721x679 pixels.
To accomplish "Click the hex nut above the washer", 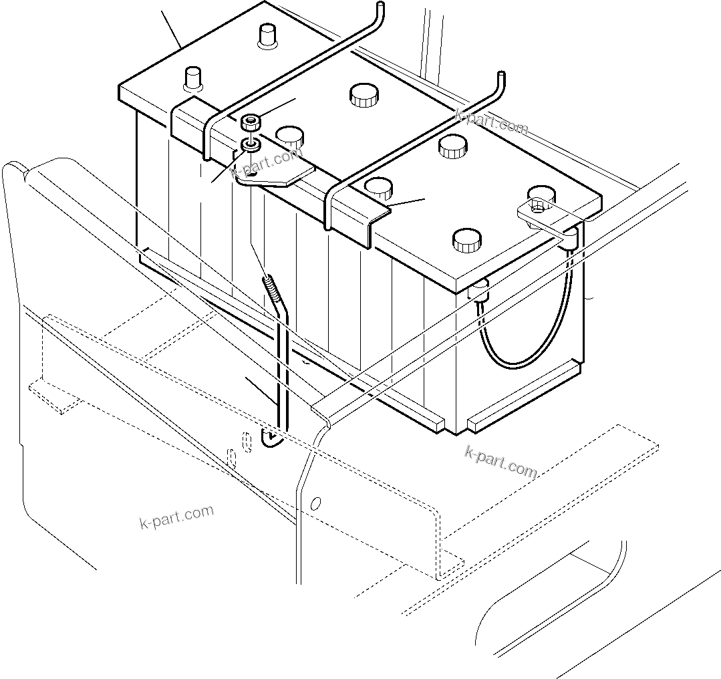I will coord(251,123).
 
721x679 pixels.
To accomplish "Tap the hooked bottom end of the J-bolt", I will coord(271,440).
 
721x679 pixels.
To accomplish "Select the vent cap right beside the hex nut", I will coord(289,136).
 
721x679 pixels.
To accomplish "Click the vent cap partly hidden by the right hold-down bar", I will coord(378,188).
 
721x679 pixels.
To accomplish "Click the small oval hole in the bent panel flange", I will coord(317,503).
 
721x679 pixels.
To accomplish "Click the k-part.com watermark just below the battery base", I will coord(500,462).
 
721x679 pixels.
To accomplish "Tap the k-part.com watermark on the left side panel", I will coord(177,517).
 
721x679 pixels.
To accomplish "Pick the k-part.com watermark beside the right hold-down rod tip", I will coord(492,122).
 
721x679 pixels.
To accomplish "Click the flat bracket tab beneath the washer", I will coord(277,174).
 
